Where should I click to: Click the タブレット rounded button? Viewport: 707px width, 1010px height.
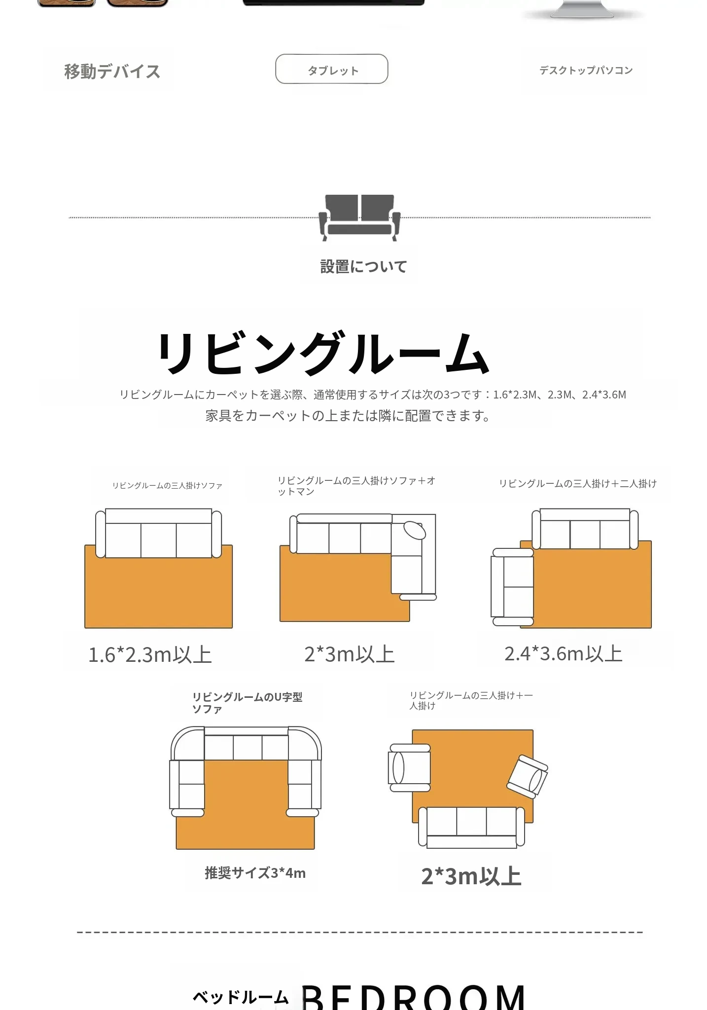pyautogui.click(x=331, y=69)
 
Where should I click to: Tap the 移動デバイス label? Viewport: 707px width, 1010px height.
pyautogui.click(x=112, y=72)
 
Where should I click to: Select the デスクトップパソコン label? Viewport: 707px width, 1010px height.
pyautogui.click(x=586, y=71)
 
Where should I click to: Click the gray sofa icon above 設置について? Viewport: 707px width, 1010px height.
pyautogui.click(x=359, y=217)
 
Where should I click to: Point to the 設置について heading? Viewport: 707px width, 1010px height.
pyautogui.click(x=363, y=267)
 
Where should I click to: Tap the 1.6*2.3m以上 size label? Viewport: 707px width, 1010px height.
pyautogui.click(x=150, y=655)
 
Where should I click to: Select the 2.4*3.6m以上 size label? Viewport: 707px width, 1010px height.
pyautogui.click(x=564, y=654)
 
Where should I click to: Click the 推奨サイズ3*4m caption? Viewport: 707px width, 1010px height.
pyautogui.click(x=255, y=873)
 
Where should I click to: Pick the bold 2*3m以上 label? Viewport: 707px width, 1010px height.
pyautogui.click(x=471, y=876)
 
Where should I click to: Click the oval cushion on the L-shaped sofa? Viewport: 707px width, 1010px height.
pyautogui.click(x=415, y=530)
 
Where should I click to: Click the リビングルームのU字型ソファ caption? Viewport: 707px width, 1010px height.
pyautogui.click(x=247, y=703)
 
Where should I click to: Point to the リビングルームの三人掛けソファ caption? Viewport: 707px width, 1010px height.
pyautogui.click(x=167, y=486)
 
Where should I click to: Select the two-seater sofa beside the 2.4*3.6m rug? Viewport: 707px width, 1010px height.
pyautogui.click(x=512, y=587)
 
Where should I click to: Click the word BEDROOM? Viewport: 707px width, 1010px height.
pyautogui.click(x=413, y=997)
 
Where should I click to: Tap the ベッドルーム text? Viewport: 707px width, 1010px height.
pyautogui.click(x=240, y=997)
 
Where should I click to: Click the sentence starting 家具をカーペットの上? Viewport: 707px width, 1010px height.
pyautogui.click(x=348, y=416)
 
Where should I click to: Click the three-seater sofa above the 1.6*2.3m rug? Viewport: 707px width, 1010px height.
pyautogui.click(x=158, y=533)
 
